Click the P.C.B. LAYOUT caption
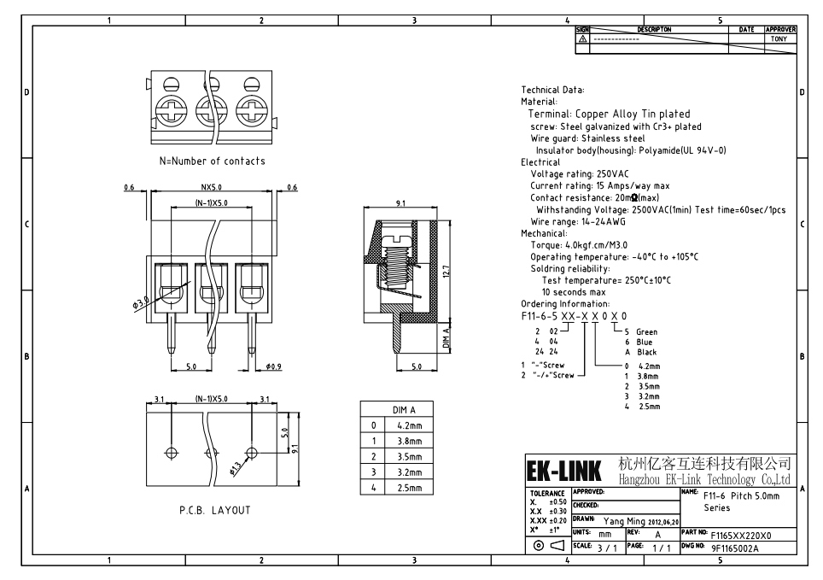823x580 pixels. click(215, 510)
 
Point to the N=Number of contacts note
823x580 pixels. click(212, 161)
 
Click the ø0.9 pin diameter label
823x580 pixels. click(273, 366)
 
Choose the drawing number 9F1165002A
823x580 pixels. click(735, 548)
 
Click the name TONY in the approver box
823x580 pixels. click(779, 38)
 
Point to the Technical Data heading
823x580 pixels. click(553, 89)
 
